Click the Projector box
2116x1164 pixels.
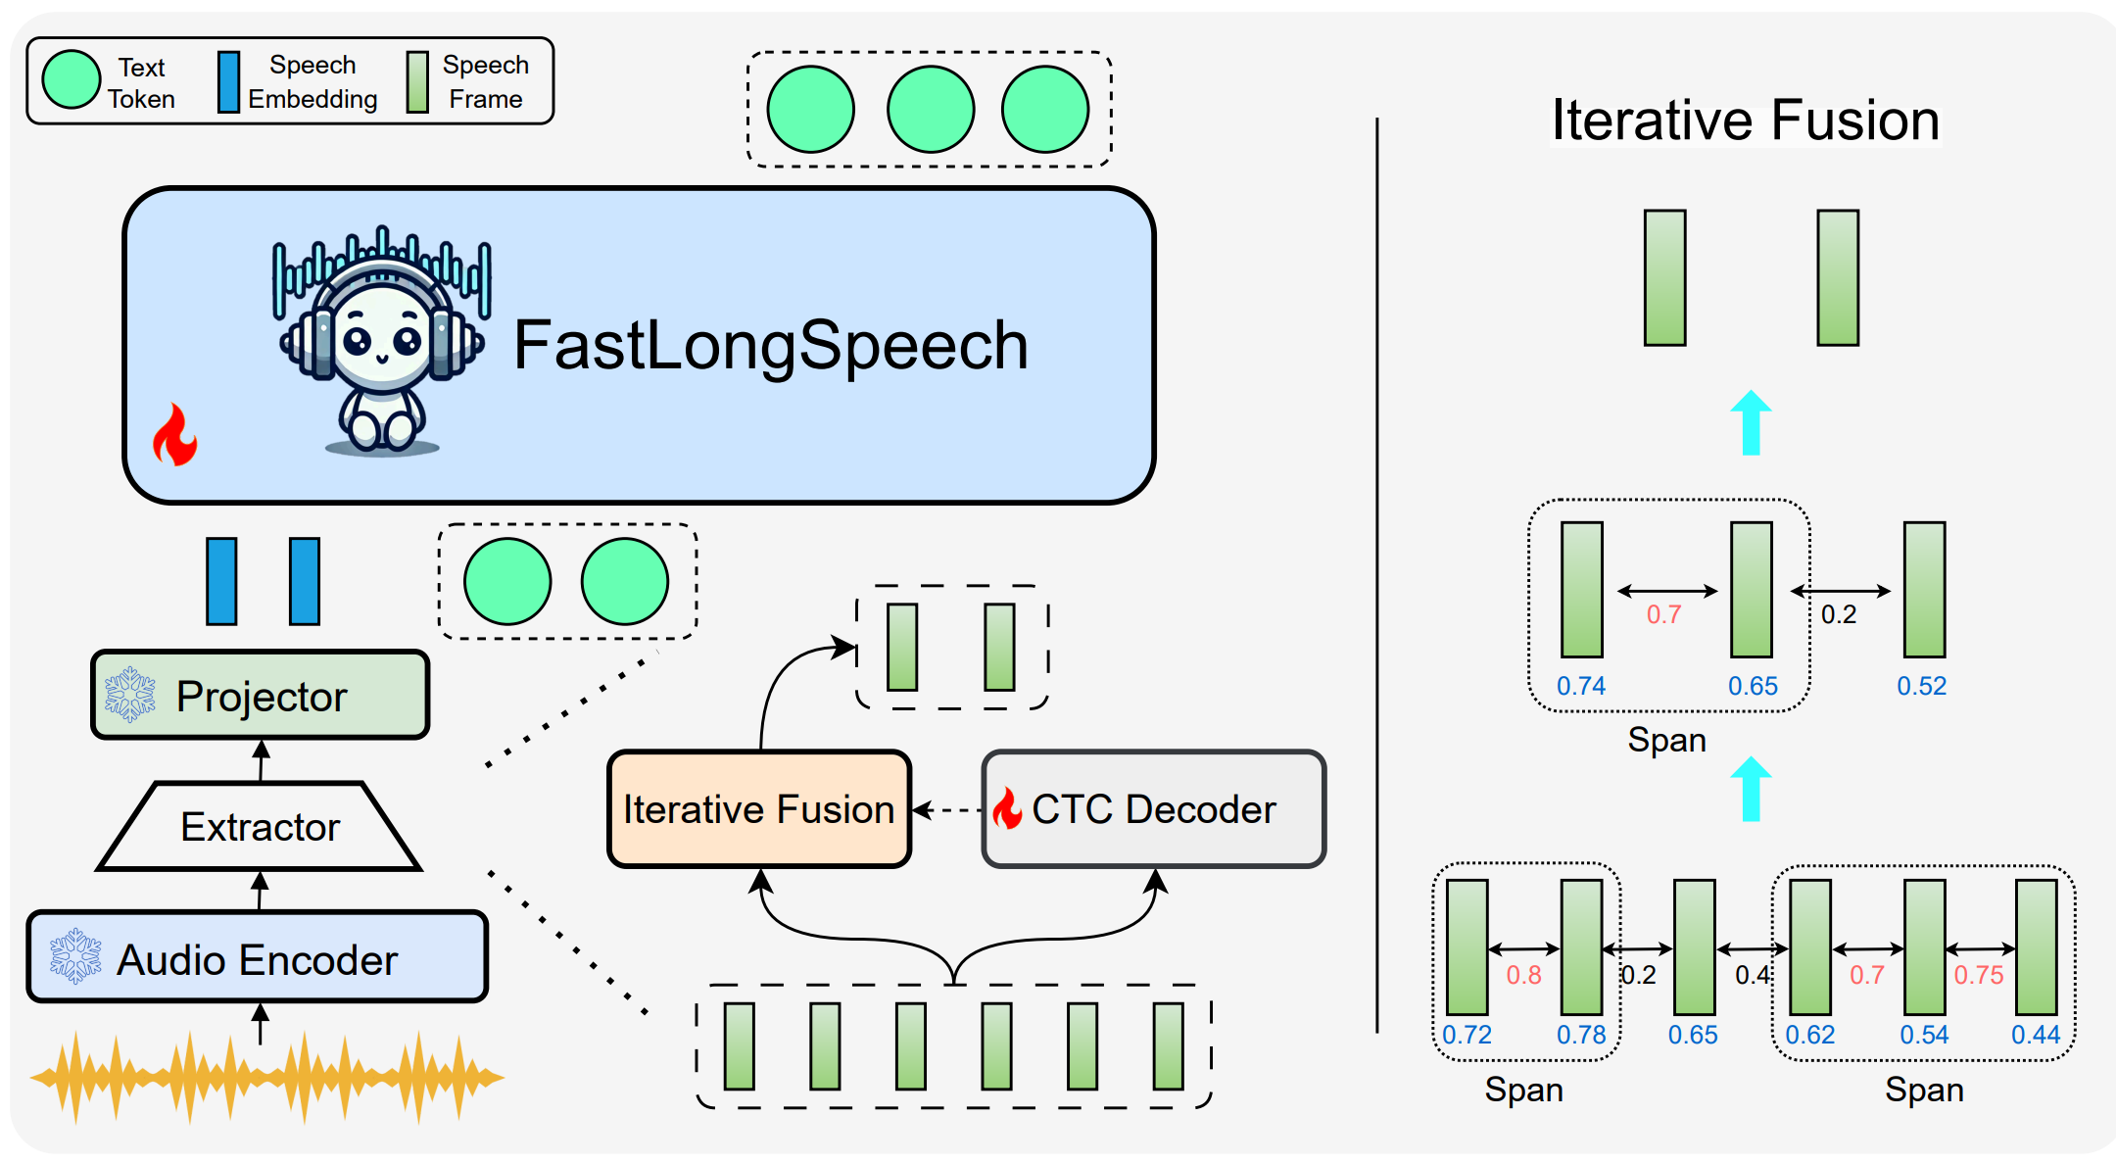(x=261, y=695)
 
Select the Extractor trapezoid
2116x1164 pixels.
(x=260, y=827)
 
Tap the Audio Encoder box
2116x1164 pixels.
(x=258, y=957)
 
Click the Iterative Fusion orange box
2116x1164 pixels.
(x=759, y=809)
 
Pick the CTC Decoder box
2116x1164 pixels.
(x=1154, y=809)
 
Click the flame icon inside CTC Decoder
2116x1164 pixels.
(x=1007, y=809)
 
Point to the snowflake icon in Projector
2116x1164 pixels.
(x=130, y=695)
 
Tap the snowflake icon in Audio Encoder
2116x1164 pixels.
(x=75, y=956)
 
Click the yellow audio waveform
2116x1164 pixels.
(x=266, y=1077)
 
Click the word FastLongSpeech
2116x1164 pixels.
(x=771, y=345)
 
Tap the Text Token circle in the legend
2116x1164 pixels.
(x=72, y=80)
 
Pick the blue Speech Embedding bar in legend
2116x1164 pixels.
(x=228, y=82)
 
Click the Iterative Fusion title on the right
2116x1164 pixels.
(x=1745, y=121)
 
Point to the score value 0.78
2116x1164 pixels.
(x=1581, y=1035)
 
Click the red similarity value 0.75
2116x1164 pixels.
(x=1979, y=975)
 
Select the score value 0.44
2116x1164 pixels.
(x=2036, y=1035)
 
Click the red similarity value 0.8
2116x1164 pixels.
(x=1523, y=975)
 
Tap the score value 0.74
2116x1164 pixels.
(x=1581, y=686)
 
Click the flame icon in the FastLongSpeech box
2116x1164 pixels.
(x=175, y=435)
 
